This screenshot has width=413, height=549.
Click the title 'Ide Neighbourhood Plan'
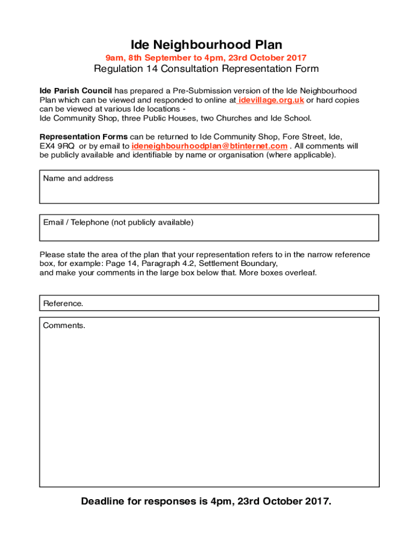(206, 44)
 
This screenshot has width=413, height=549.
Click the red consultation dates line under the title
(206, 58)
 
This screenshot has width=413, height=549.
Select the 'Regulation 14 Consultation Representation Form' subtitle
(206, 69)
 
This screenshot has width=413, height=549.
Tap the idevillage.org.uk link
(271, 100)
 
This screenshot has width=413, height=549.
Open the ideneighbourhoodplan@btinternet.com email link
(209, 146)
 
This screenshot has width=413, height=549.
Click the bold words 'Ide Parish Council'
(76, 91)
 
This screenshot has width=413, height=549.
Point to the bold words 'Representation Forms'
(84, 137)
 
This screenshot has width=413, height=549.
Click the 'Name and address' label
(78, 179)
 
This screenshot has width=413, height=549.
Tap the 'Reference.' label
(63, 303)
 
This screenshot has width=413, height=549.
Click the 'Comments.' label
(64, 325)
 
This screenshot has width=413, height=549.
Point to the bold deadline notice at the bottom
(206, 502)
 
